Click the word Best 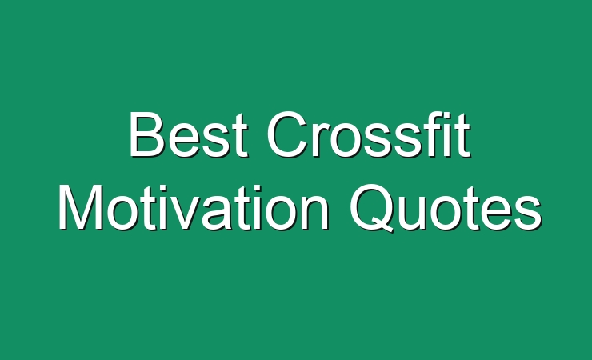point(189,134)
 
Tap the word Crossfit point(369,134)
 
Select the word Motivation point(194,208)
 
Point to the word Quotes point(446,208)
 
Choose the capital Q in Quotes point(372,208)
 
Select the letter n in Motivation point(314,214)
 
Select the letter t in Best point(241,136)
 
